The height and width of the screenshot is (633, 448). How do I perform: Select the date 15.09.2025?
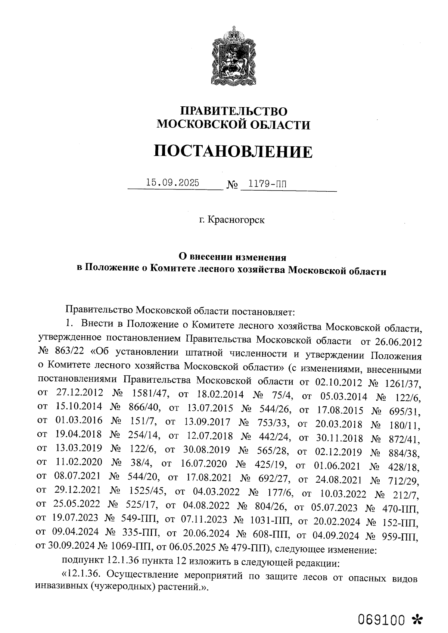click(172, 183)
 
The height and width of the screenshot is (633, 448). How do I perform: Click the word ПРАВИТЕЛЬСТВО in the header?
click(234, 111)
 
